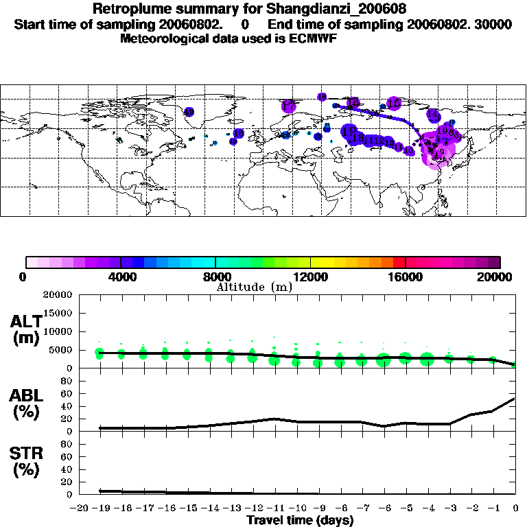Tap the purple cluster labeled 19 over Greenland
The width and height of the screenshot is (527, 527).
[189, 112]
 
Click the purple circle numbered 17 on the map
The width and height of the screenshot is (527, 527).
[288, 106]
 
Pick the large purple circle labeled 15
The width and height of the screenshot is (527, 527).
[394, 103]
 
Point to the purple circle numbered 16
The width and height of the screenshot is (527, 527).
[353, 103]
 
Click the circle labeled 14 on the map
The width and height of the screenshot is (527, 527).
[432, 115]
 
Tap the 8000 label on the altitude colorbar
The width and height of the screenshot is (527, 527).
[215, 277]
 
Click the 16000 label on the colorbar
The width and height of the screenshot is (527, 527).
[406, 277]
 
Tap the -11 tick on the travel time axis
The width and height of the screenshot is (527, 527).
[275, 508]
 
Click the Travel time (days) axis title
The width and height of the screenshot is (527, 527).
[300, 520]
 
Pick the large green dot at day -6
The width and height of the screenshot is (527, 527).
[383, 360]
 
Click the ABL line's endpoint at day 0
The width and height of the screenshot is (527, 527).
[515, 398]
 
